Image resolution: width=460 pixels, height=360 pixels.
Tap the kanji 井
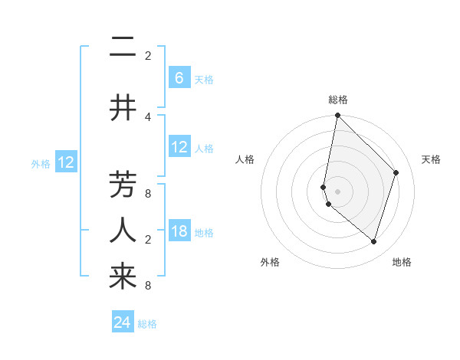click(123, 108)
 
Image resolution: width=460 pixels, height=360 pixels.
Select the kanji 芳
click(123, 185)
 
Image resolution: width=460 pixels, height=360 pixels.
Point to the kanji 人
click(123, 230)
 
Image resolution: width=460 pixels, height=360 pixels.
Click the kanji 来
click(123, 277)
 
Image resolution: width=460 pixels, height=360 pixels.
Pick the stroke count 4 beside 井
click(148, 116)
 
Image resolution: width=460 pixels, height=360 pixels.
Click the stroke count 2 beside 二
click(148, 56)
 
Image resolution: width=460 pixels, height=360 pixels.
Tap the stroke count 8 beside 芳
click(148, 193)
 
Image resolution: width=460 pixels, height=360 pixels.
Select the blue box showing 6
click(179, 77)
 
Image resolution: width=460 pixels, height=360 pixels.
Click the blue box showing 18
click(179, 231)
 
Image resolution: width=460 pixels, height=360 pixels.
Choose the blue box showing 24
click(123, 322)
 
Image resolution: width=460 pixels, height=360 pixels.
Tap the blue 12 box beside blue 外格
click(65, 162)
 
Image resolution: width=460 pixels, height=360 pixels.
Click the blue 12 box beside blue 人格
click(179, 146)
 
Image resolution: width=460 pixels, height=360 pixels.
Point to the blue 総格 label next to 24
click(148, 324)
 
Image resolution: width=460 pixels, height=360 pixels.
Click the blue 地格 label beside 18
click(204, 232)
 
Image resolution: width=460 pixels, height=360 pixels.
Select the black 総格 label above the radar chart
click(337, 100)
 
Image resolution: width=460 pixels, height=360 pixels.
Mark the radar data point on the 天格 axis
click(396, 172)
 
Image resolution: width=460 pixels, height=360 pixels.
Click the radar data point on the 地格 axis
click(373, 241)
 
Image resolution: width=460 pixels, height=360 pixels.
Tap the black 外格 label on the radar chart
click(270, 262)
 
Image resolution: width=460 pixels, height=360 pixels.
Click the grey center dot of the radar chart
click(337, 191)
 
